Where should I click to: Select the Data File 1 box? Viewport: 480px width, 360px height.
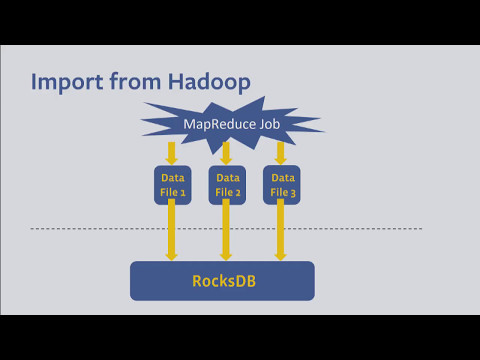(x=172, y=185)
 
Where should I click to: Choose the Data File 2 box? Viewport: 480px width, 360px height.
(x=227, y=185)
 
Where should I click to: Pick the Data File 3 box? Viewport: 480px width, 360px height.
(x=281, y=185)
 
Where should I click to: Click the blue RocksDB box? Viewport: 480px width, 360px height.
(x=222, y=281)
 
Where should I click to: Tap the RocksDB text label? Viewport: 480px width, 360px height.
(x=222, y=281)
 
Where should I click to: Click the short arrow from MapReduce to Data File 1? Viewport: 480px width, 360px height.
(x=172, y=153)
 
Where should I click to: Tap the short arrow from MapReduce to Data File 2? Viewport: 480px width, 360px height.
(x=227, y=153)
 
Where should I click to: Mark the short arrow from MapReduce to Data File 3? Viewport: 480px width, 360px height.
(x=281, y=153)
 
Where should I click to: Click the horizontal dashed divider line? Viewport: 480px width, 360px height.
(x=100, y=229)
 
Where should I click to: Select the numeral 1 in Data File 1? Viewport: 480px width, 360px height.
(x=185, y=192)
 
